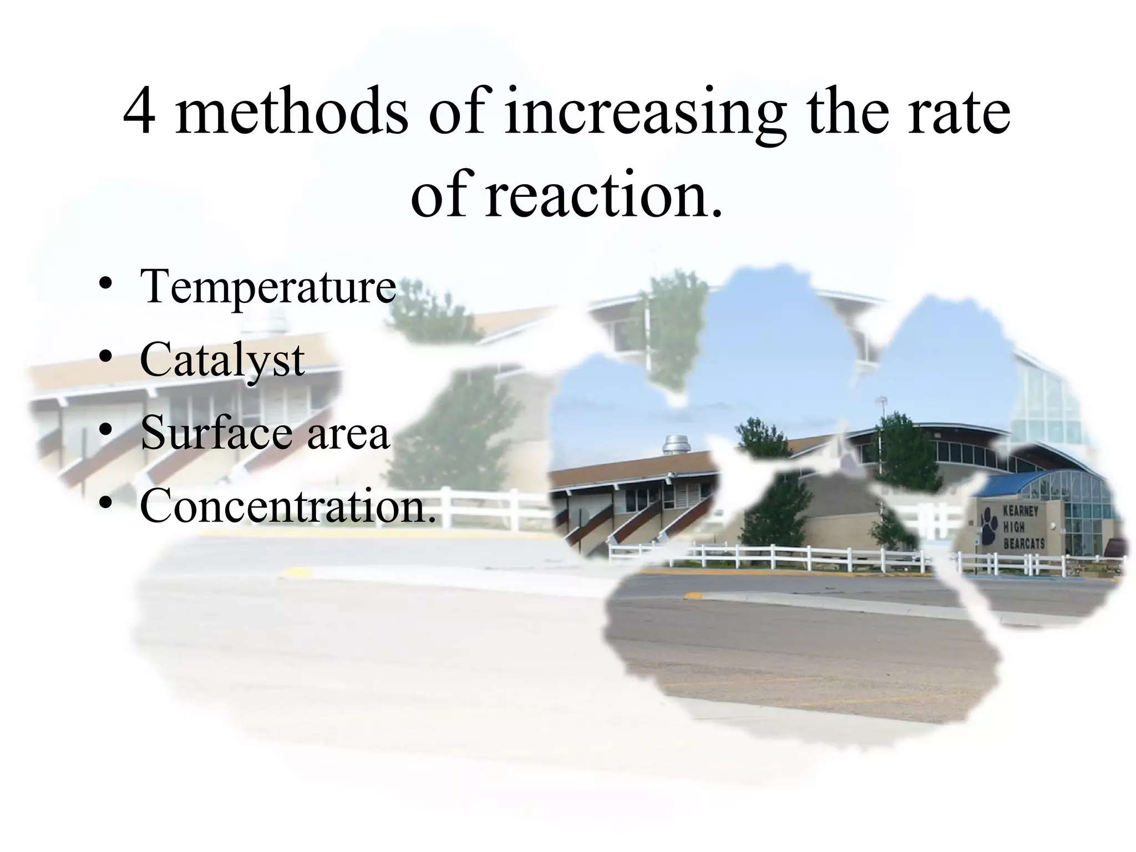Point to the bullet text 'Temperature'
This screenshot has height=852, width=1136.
click(268, 287)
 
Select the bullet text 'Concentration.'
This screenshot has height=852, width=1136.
click(288, 505)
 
